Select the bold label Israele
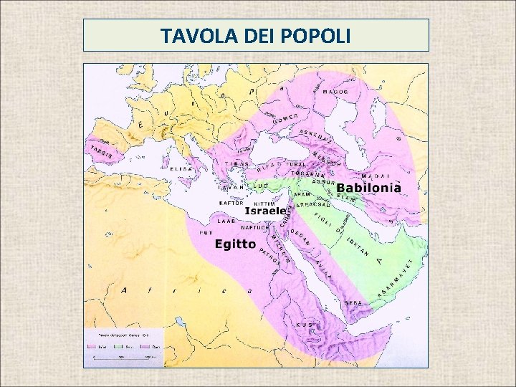[x=265, y=211]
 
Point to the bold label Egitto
[x=236, y=244]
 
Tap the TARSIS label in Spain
[x=100, y=153]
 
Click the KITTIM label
[x=265, y=204]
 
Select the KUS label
[x=305, y=325]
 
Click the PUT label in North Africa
[x=206, y=233]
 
